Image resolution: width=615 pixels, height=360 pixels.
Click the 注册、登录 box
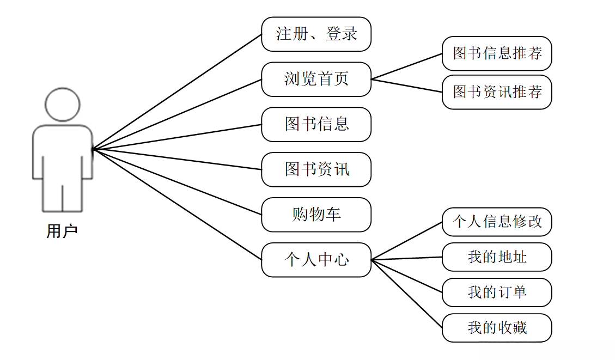pyautogui.click(x=316, y=34)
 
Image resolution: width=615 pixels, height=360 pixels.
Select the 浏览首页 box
pyautogui.click(x=316, y=80)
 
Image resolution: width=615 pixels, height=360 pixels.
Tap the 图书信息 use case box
pyautogui.click(x=316, y=124)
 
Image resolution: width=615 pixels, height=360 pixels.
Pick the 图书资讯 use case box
pyautogui.click(x=316, y=169)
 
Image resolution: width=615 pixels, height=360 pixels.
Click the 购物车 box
pyautogui.click(x=316, y=215)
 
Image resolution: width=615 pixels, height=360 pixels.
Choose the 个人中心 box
pyautogui.click(x=316, y=260)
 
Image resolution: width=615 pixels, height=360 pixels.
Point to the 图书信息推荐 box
pyautogui.click(x=497, y=53)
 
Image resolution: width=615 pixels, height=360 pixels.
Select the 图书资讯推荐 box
pyautogui.click(x=497, y=92)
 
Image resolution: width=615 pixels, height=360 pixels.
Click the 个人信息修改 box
pyautogui.click(x=497, y=222)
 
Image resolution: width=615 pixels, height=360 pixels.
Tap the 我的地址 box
pyautogui.click(x=497, y=257)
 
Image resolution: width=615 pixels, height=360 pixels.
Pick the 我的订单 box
pyautogui.click(x=497, y=292)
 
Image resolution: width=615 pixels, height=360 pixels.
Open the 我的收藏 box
pyautogui.click(x=497, y=328)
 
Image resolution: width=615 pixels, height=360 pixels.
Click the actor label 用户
pyautogui.click(x=62, y=231)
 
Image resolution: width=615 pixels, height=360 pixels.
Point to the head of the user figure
pyautogui.click(x=63, y=104)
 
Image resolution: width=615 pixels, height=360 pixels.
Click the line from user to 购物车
pyautogui.click(x=177, y=182)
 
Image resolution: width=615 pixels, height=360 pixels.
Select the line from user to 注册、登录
pyautogui.click(x=177, y=92)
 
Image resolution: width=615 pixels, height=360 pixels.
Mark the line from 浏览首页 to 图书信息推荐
pyautogui.click(x=406, y=66)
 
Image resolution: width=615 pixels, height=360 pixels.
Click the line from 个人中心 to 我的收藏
pyautogui.click(x=406, y=294)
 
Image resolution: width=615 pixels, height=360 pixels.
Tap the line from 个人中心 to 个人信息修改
pyautogui.click(x=406, y=241)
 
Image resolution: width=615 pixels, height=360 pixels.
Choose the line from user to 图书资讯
pyautogui.click(x=177, y=159)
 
